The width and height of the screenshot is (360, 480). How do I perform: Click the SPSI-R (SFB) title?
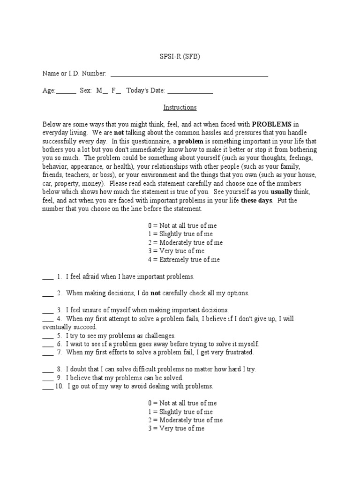pyautogui.click(x=180, y=57)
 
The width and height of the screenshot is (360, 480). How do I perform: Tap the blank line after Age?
pyautogui.click(x=66, y=92)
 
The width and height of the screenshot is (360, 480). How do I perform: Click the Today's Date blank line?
pyautogui.click(x=190, y=92)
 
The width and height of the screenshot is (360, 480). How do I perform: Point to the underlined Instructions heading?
pyautogui.click(x=180, y=107)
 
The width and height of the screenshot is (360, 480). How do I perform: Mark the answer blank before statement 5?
pyautogui.click(x=48, y=336)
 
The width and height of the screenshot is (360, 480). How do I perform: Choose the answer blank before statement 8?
pyautogui.click(x=48, y=369)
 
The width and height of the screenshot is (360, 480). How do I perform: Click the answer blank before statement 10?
pyautogui.click(x=47, y=386)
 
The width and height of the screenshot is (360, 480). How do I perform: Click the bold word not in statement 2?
pyautogui.click(x=155, y=293)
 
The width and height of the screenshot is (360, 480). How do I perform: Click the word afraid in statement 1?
pyautogui.click(x=90, y=277)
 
